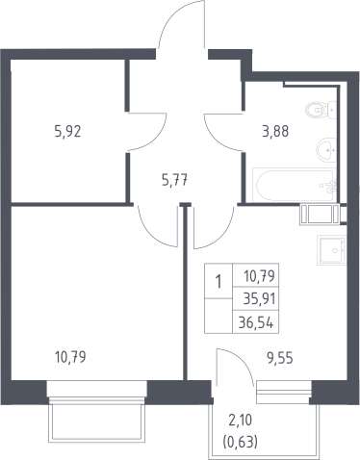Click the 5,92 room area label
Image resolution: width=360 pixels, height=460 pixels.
pos(67,132)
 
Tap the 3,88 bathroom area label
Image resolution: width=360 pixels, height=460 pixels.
pos(275,132)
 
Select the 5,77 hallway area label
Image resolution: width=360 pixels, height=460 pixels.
pos(174,180)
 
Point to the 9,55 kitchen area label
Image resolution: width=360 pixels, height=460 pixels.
pos(280,358)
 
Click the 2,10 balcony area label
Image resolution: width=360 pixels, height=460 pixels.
pos(241,421)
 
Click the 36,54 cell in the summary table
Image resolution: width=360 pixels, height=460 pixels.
pos(256,322)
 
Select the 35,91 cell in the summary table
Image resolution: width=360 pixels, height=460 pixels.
pos(259,299)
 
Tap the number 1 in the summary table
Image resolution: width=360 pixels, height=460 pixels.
pos(219,282)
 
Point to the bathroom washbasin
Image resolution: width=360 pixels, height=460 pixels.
pos(326,149)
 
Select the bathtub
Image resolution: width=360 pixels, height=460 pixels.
pos(295,185)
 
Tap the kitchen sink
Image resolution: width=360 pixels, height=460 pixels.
pos(331,250)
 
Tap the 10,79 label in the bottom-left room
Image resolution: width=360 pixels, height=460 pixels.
pos(70,357)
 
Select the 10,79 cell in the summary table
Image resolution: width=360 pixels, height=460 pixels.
pos(260,276)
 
